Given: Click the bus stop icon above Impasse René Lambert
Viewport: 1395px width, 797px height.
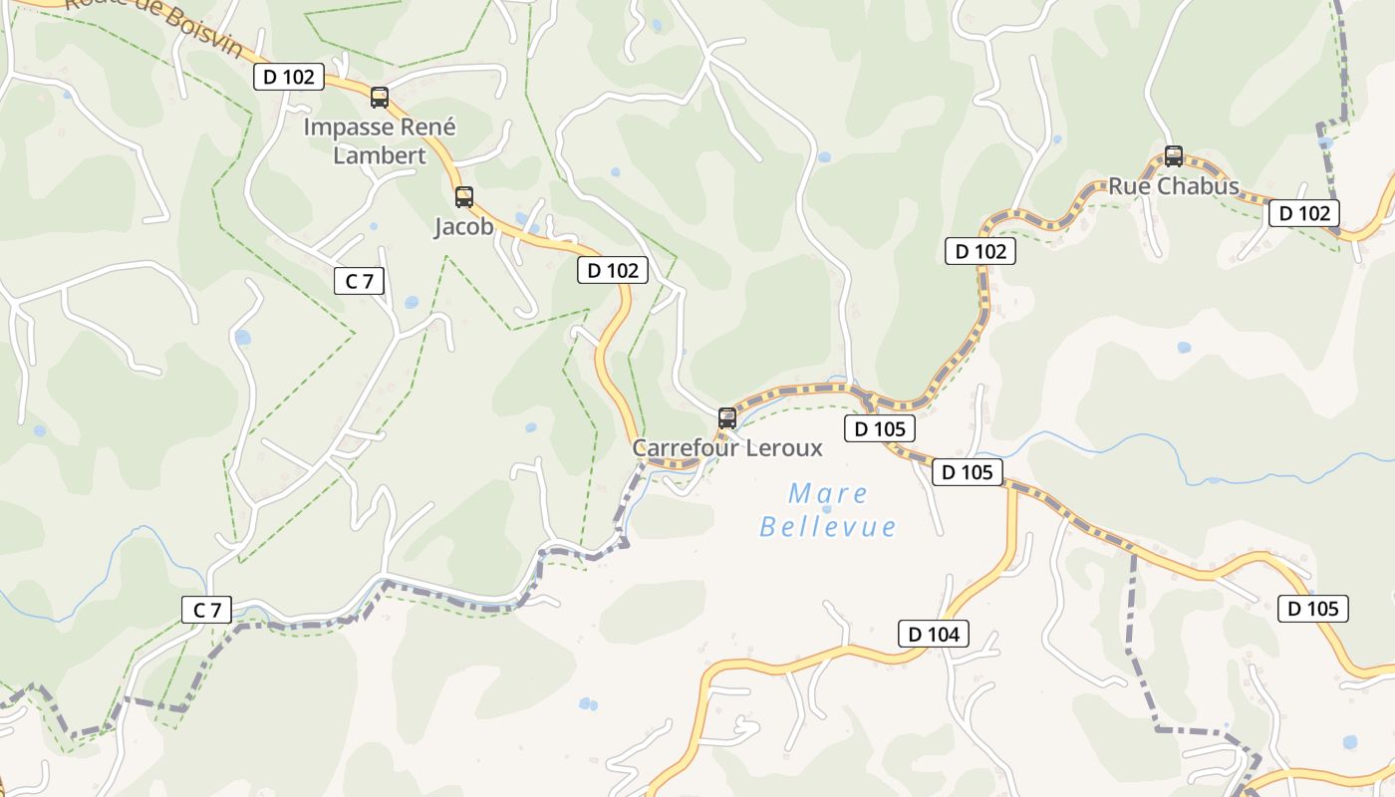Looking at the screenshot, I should [x=380, y=98].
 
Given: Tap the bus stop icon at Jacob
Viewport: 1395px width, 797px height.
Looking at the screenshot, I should [x=464, y=197].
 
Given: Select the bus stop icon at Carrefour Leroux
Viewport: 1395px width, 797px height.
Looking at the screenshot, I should [x=727, y=418].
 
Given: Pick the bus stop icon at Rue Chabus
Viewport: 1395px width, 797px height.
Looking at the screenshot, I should [x=1174, y=156].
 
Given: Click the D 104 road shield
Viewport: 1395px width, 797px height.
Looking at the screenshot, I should [x=934, y=634].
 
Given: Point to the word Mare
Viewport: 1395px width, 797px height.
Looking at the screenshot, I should [x=827, y=493].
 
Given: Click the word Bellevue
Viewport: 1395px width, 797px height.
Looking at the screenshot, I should [x=827, y=526].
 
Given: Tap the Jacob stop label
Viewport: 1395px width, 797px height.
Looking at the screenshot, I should [x=463, y=227].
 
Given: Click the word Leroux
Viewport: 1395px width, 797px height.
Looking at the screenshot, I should [x=785, y=448].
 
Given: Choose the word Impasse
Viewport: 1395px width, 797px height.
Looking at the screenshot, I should [x=344, y=128].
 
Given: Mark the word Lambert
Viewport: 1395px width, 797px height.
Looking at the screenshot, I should [x=380, y=155].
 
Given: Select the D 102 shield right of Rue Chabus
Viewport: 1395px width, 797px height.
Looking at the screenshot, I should [x=1304, y=212].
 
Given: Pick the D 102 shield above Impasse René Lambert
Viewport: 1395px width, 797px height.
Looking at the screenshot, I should [x=289, y=77].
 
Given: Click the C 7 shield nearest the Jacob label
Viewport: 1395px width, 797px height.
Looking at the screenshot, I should [x=359, y=281].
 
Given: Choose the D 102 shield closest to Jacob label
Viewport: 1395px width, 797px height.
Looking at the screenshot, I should [x=613, y=270].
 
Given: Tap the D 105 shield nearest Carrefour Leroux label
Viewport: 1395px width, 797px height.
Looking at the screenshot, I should [x=880, y=429].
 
